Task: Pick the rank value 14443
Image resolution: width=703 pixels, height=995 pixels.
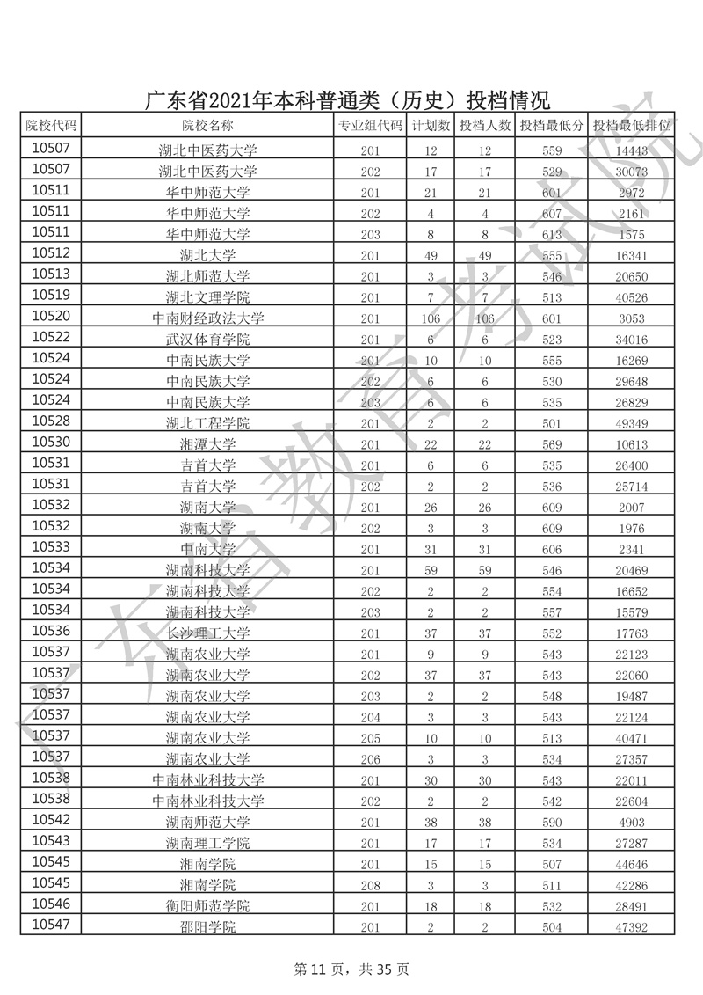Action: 631,150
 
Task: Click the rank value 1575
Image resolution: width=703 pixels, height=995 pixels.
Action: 631,235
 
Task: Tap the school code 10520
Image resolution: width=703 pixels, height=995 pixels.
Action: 51,318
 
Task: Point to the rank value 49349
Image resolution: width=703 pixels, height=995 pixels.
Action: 631,424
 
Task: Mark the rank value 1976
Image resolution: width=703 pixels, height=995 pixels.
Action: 631,530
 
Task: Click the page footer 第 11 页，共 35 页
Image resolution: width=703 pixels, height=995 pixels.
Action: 351,969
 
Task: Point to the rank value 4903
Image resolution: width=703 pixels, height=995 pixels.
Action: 631,823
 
